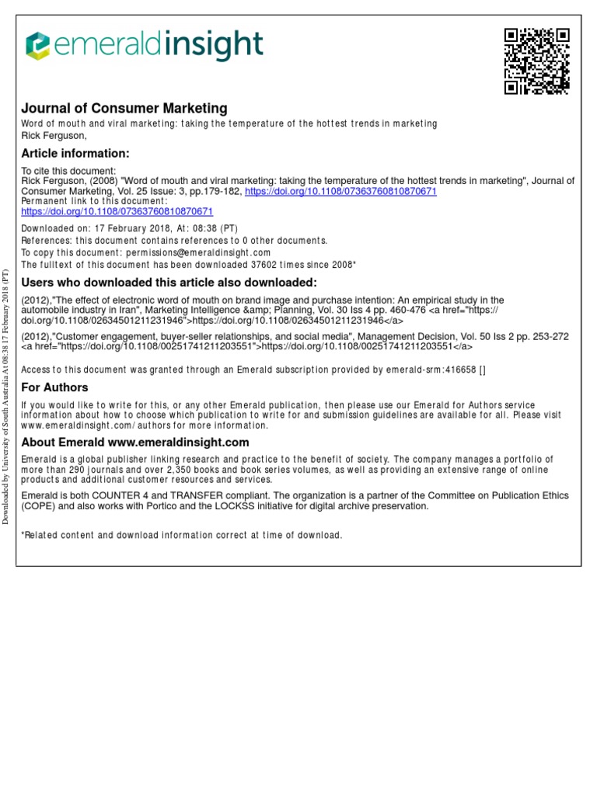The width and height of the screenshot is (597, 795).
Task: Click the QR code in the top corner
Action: click(537, 61)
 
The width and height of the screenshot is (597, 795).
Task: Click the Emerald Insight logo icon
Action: click(38, 46)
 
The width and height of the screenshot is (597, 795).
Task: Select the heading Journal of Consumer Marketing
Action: click(124, 109)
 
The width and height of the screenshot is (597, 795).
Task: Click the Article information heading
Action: click(75, 153)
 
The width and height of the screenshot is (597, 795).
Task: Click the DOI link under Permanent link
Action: click(117, 211)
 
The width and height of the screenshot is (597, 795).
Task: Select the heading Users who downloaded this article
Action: click(169, 282)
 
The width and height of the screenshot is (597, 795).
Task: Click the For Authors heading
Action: click(54, 387)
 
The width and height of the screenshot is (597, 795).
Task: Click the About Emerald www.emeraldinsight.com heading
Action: click(135, 443)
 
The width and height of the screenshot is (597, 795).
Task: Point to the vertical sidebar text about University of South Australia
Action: click(6, 396)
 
